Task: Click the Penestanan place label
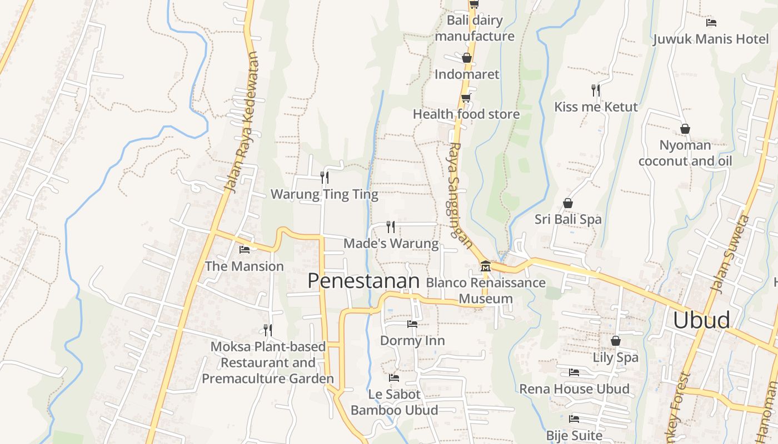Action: (x=363, y=281)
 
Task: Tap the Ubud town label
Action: (x=701, y=320)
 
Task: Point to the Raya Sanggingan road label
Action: (x=461, y=195)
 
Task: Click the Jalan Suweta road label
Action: (x=730, y=254)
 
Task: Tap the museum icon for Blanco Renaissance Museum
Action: (x=485, y=266)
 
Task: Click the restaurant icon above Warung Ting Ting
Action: (x=325, y=178)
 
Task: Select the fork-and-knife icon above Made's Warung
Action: (x=391, y=226)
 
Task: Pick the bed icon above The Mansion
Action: (x=244, y=250)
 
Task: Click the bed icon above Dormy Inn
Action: (x=412, y=324)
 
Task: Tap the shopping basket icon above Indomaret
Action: (x=467, y=58)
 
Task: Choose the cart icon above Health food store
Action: (x=466, y=98)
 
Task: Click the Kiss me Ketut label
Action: (x=596, y=107)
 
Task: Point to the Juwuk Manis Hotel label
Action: (x=711, y=39)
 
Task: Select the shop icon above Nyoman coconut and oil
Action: (x=685, y=129)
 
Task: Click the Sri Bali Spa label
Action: (x=568, y=219)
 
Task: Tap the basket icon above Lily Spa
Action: (x=615, y=341)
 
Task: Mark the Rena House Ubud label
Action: (x=574, y=389)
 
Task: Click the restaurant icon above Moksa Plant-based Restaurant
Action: (x=268, y=330)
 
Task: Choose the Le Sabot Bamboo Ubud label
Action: (x=394, y=402)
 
